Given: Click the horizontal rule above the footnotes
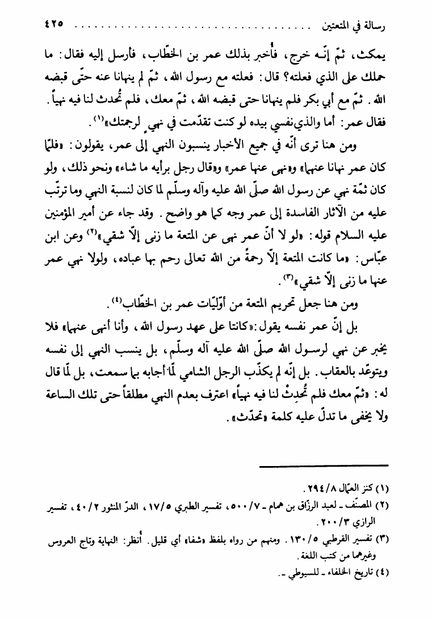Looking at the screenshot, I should pyautogui.click(x=325, y=465).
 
